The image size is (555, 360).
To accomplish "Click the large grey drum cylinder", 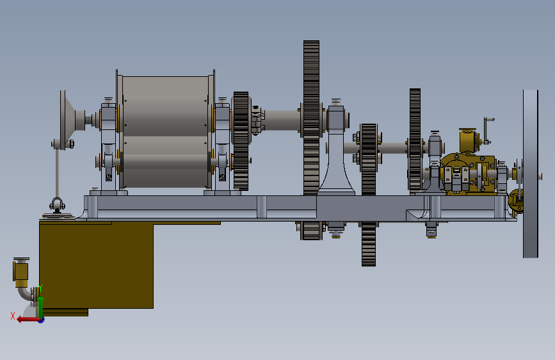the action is pos(165,131).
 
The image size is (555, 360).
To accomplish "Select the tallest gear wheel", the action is pos(312,140).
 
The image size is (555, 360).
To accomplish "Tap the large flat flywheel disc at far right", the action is pos(530,174).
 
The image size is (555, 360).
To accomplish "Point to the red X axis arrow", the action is pos(29,320).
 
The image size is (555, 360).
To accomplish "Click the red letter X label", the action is pos(13,316).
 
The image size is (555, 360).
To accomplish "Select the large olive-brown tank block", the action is pos(96,265).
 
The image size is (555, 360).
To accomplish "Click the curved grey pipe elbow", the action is pos(26,294).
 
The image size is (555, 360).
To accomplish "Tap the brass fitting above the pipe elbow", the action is pos(21,272).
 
